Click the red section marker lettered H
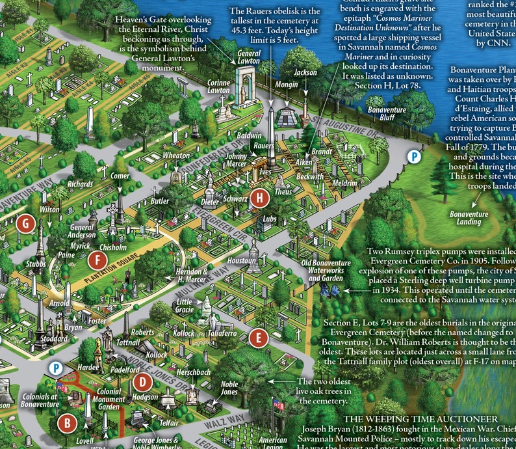(x=260, y=198)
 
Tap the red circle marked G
(x=27, y=223)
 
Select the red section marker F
(x=98, y=260)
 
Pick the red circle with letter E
(x=259, y=337)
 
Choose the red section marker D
(x=142, y=382)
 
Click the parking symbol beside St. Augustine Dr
(x=413, y=156)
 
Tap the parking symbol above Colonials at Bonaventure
(x=57, y=368)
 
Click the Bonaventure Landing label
(x=469, y=218)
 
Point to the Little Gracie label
(x=185, y=306)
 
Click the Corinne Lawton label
(x=219, y=87)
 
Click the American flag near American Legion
(x=278, y=404)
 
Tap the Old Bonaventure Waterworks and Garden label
(x=325, y=270)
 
